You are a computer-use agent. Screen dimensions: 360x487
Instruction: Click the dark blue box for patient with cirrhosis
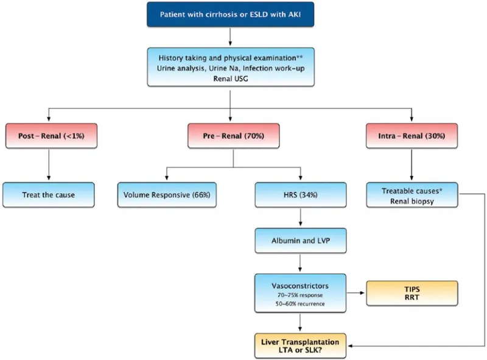point(229,15)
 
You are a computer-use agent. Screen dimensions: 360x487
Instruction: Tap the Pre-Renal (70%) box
point(233,136)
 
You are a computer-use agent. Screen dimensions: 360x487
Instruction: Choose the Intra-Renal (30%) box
point(412,136)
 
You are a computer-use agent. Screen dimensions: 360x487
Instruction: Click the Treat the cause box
point(49,195)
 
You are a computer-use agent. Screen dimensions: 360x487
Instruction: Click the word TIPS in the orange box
point(411,289)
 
